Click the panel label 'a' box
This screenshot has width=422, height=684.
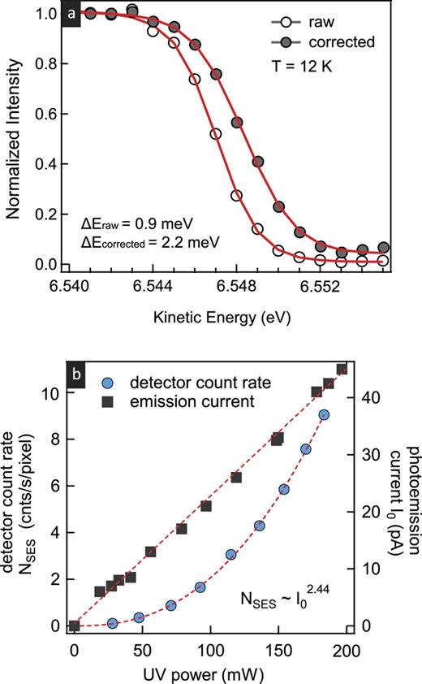click(71, 15)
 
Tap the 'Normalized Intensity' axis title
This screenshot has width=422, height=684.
click(14, 140)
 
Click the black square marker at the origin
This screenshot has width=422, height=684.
click(74, 626)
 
